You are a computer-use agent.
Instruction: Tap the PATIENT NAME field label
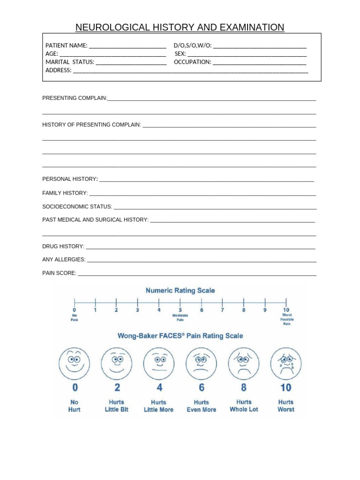point(66,45)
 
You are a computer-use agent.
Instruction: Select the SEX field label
point(180,54)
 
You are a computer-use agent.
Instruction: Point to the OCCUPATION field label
point(192,62)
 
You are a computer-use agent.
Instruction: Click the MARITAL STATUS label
point(69,62)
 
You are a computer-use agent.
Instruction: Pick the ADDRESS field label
point(58,70)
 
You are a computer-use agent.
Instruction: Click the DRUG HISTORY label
point(63,246)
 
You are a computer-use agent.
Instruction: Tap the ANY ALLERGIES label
point(64,259)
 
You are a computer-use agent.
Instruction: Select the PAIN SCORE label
point(59,273)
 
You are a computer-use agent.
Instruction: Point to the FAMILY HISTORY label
point(65,193)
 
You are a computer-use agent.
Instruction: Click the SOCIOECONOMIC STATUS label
point(77,206)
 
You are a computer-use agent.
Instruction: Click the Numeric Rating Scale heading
point(180,290)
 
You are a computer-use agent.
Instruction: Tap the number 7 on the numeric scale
point(223,309)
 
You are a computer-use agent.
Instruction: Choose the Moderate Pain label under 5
point(180,317)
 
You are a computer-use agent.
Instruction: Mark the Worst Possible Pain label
point(286,319)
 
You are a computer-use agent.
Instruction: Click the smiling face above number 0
point(74,362)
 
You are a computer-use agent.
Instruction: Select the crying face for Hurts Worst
point(286,362)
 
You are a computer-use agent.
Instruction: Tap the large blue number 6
point(202,387)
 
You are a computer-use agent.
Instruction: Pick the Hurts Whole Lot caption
point(244,405)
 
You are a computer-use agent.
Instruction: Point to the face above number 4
point(159,362)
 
